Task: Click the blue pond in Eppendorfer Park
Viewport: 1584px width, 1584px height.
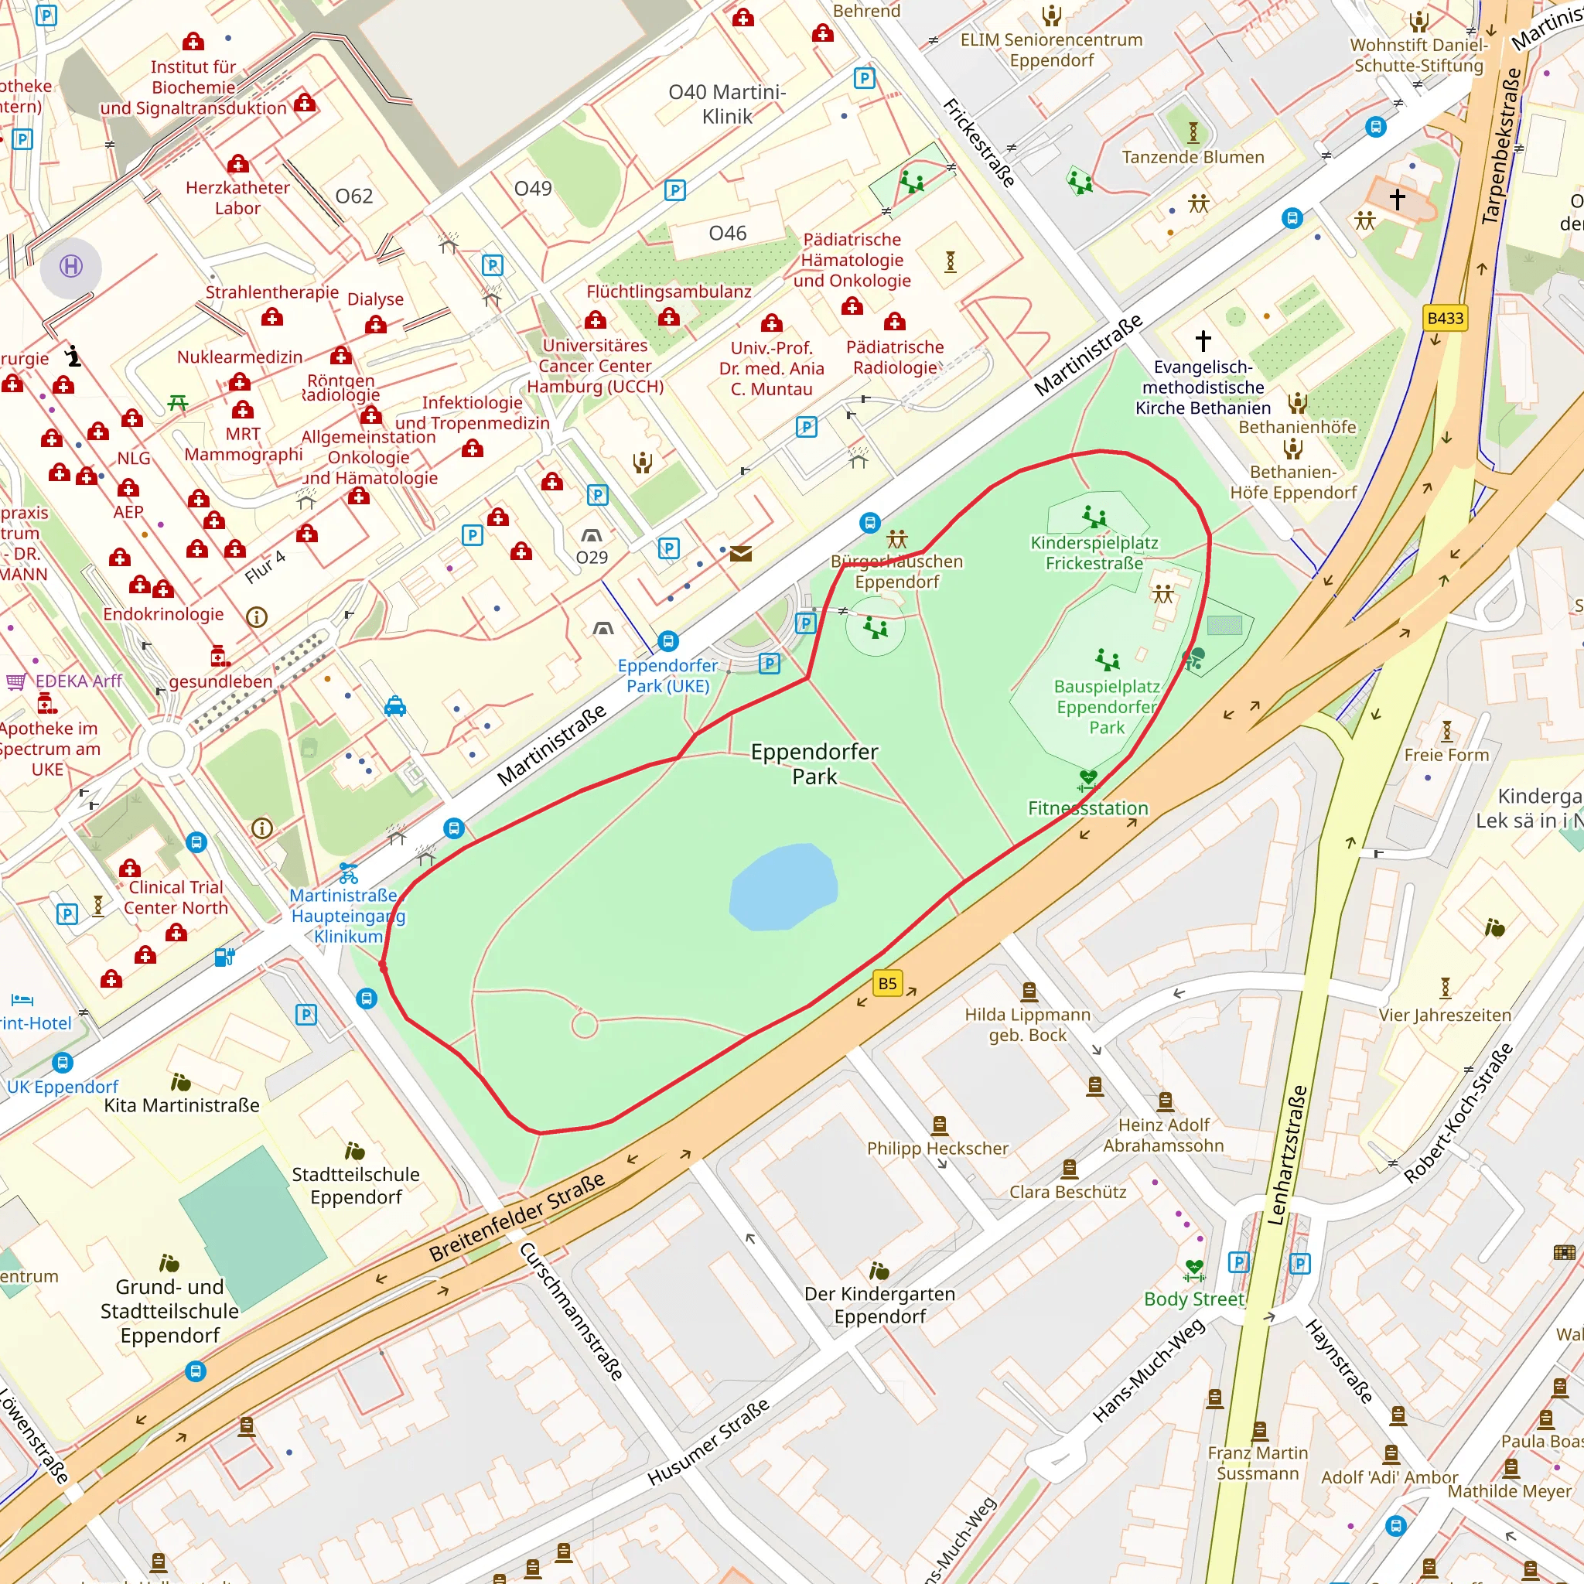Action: pos(783,888)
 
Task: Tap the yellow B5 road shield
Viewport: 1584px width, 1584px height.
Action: pos(887,983)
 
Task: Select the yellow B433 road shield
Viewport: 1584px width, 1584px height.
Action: pos(1445,318)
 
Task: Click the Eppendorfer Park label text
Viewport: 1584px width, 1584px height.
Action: pos(814,763)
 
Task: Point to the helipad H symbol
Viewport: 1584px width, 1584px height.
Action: pos(71,267)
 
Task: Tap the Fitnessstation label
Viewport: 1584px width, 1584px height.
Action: pos(1088,807)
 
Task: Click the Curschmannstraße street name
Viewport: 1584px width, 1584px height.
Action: pos(572,1310)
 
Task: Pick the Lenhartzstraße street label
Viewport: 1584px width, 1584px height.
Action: pos(1286,1156)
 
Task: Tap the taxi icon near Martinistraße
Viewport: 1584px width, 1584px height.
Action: pos(395,706)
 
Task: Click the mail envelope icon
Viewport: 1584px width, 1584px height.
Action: pos(740,555)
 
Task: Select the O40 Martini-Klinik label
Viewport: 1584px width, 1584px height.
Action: pos(726,104)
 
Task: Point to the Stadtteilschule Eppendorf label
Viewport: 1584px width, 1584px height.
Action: pos(356,1186)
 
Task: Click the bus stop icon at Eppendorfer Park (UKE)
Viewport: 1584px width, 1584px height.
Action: pos(668,640)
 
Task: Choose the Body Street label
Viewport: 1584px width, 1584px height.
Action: pos(1193,1299)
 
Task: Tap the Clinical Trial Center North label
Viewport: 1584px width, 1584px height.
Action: pos(176,897)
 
